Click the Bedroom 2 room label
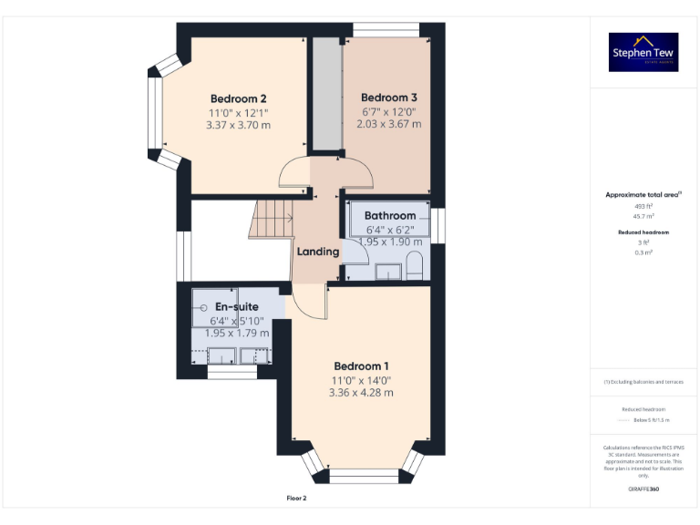238,98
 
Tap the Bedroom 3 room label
389,98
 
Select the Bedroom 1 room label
361,366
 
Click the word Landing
318,251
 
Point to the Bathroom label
389,216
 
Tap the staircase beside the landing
271,221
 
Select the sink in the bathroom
387,271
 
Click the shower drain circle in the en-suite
203,308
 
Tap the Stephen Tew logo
643,52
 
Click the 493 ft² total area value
643,207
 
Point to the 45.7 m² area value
643,216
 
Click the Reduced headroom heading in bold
643,232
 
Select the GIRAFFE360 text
643,489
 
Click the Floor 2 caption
297,499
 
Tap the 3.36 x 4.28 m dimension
361,393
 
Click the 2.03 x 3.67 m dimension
389,124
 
